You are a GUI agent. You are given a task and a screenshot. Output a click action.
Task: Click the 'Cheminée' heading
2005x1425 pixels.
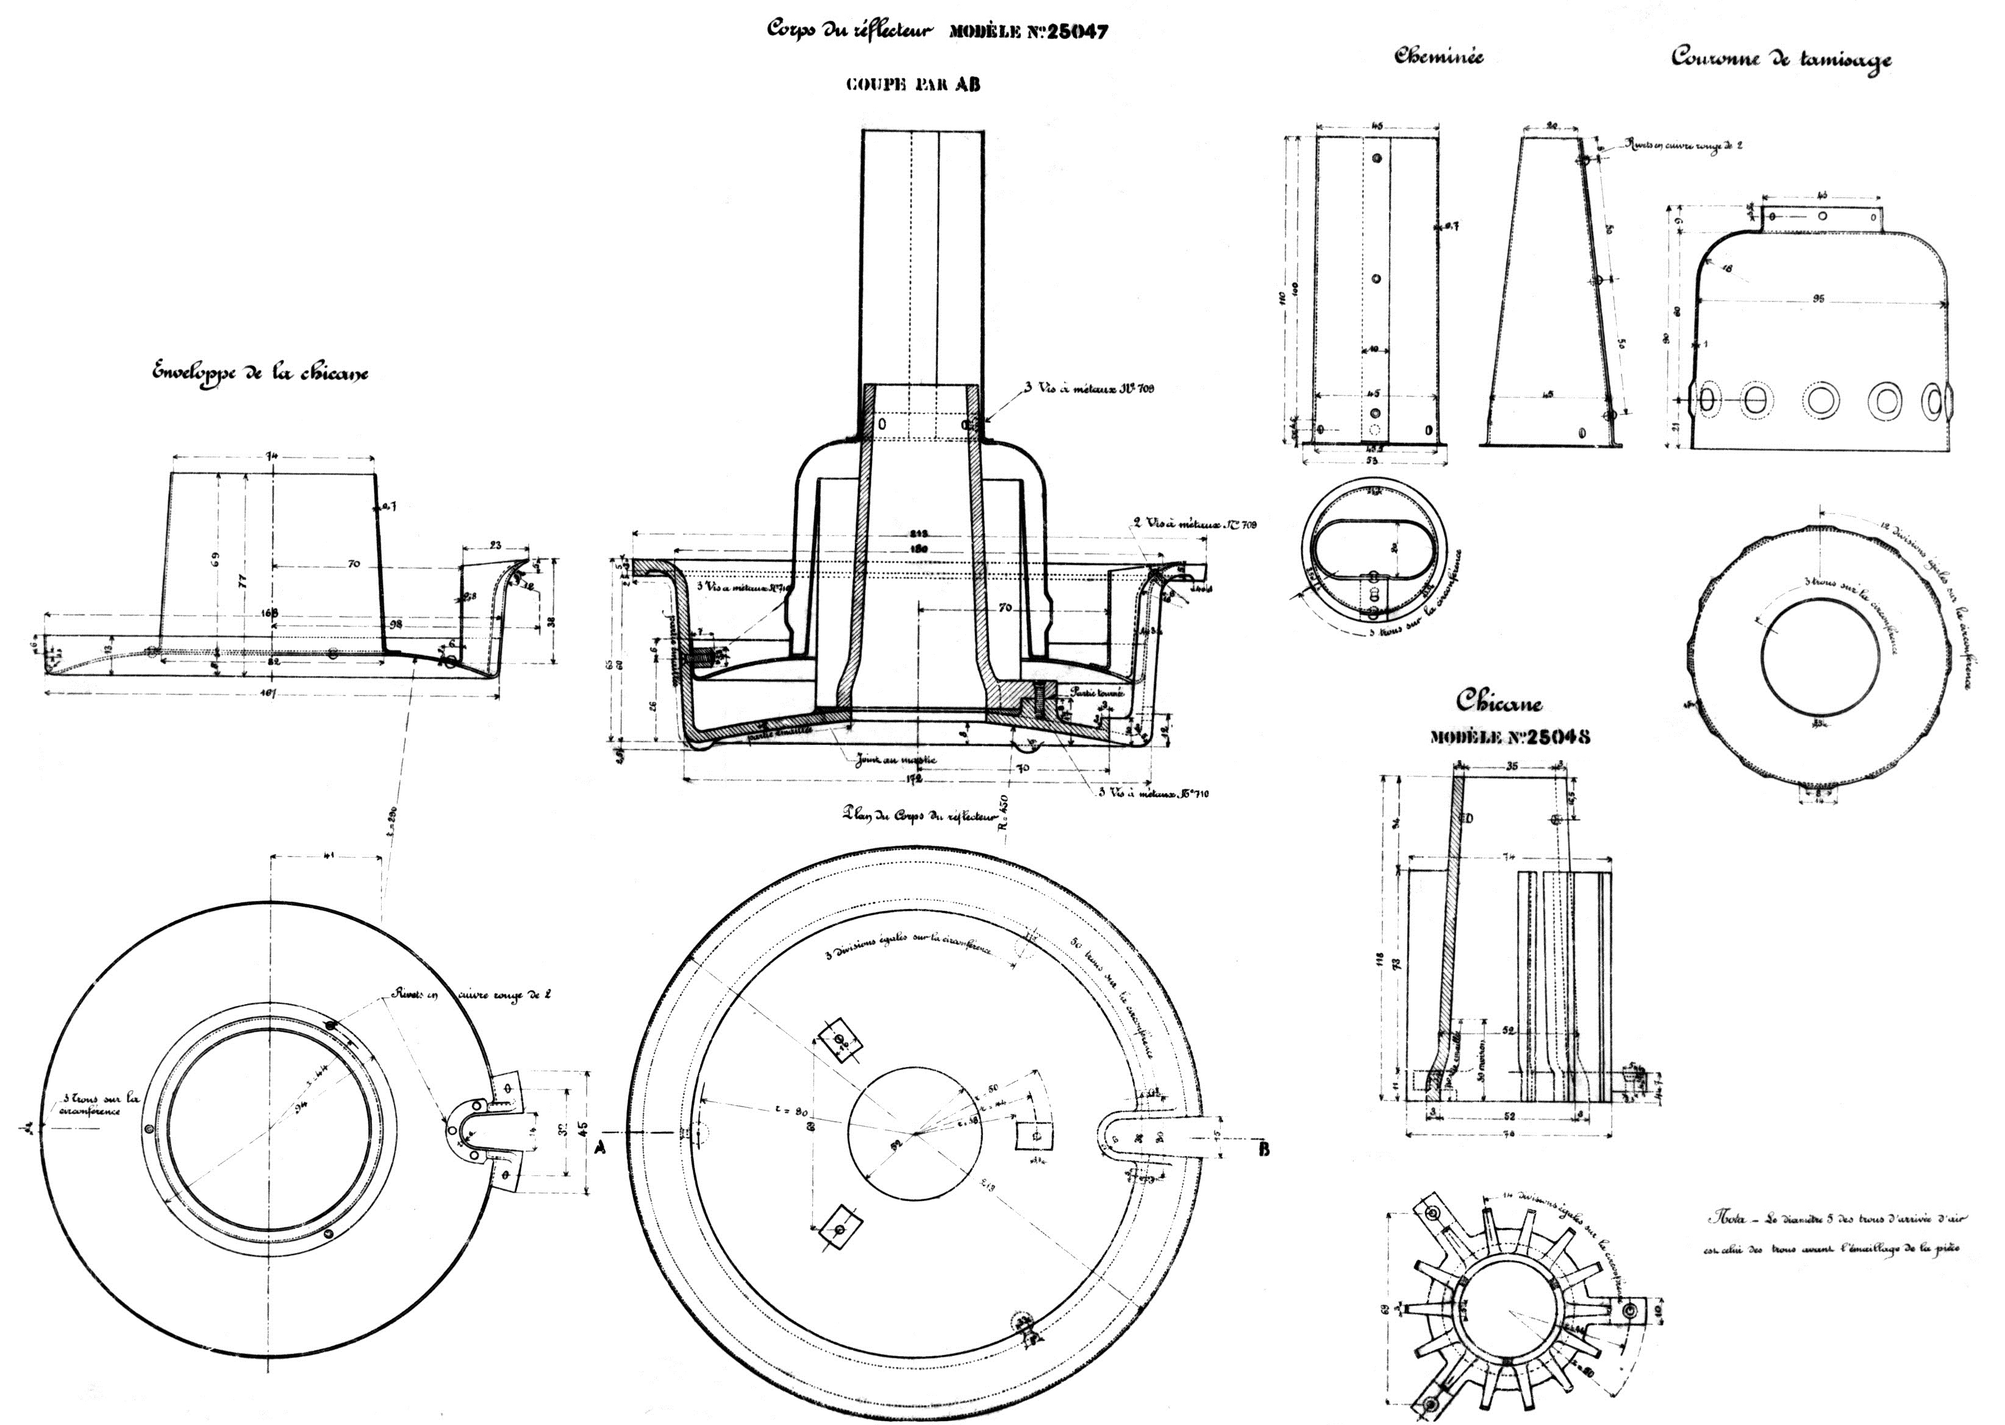(x=1439, y=57)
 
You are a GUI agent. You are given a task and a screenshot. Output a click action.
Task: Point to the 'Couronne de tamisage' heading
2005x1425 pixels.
(x=1781, y=60)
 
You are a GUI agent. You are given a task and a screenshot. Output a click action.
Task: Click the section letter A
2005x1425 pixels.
(x=601, y=1149)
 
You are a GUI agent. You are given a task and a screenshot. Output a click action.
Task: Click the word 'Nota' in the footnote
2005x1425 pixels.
(x=1720, y=1219)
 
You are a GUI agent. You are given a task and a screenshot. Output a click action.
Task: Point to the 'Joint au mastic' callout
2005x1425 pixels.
(x=897, y=760)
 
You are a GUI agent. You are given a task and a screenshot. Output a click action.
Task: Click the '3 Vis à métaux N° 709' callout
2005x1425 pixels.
(x=1088, y=388)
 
